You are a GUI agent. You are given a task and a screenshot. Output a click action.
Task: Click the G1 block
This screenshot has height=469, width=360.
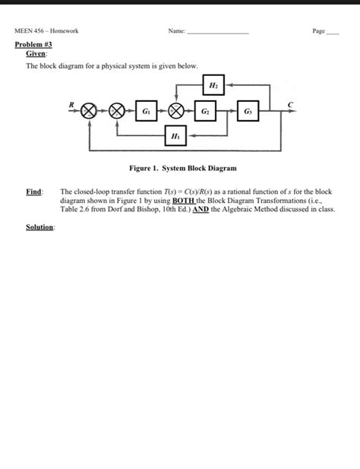coord(145,111)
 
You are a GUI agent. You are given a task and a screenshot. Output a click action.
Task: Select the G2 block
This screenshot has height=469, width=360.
coord(205,111)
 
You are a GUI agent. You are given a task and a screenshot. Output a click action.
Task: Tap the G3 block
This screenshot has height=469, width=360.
coord(247,111)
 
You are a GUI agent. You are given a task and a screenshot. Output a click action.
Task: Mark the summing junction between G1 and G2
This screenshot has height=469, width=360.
coord(176,111)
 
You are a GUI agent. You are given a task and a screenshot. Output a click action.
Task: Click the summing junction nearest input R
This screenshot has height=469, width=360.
coord(90,111)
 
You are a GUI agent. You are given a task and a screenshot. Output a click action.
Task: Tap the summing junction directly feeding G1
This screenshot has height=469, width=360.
coord(118,111)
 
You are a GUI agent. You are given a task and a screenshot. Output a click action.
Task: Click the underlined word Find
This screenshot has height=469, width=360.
coord(34,192)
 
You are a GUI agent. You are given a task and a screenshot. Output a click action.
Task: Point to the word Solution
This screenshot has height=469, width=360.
coord(40,227)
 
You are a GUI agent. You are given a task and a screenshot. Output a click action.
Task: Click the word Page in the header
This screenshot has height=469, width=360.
coord(318,32)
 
